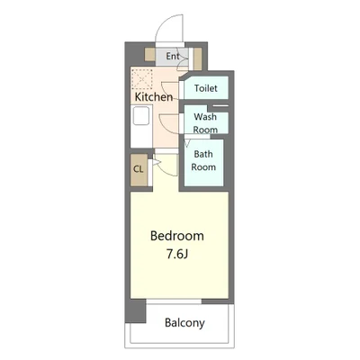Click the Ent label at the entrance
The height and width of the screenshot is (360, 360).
click(173, 56)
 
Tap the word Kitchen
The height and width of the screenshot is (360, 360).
click(154, 97)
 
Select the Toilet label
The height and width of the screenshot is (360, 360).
click(206, 88)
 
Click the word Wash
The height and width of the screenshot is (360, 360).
click(205, 116)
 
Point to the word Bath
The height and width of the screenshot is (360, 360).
click(203, 154)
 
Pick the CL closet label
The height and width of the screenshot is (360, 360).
click(139, 169)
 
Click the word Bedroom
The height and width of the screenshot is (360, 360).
click(177, 236)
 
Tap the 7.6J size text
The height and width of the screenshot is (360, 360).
click(177, 254)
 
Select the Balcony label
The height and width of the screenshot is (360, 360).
click(184, 323)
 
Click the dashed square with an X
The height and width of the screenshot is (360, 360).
click(142, 79)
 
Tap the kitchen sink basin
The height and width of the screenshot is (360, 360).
click(141, 116)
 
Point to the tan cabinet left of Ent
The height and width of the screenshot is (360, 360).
click(149, 54)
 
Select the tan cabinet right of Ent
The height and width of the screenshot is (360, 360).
click(197, 58)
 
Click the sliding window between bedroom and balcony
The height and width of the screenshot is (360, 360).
click(174, 301)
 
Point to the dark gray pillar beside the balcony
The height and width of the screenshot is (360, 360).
click(135, 310)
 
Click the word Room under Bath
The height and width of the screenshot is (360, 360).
click(203, 167)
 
